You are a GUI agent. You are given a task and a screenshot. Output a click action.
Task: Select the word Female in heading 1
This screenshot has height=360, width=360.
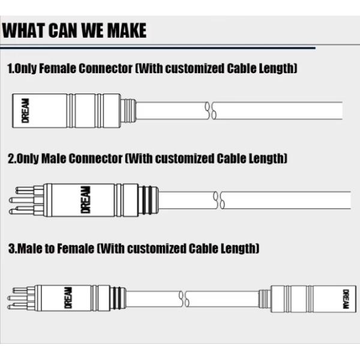click(57, 68)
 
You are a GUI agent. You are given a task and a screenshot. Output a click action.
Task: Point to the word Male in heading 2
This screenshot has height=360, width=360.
click(53, 158)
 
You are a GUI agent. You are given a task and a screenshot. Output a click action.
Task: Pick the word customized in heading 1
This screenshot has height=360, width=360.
click(194, 68)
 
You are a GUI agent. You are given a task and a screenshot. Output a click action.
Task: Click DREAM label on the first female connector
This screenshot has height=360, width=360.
click(25, 110)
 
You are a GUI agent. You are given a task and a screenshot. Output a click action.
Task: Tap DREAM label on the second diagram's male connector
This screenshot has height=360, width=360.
click(86, 200)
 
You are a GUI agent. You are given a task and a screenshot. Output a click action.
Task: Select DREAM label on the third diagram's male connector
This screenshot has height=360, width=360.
click(68, 298)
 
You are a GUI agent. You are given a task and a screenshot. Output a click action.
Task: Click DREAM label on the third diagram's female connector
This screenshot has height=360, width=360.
click(346, 299)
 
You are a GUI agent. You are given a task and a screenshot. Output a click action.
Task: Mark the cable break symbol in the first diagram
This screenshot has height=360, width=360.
click(211, 110)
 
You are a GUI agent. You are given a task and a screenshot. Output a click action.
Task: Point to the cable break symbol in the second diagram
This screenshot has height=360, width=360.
click(219, 200)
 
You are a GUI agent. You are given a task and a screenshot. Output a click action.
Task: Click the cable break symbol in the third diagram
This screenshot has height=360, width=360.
click(184, 299)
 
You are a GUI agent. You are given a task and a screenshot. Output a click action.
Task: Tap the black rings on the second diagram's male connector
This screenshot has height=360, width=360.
click(147, 200)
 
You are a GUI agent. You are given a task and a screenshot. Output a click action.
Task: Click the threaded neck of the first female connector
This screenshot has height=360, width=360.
click(128, 110)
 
